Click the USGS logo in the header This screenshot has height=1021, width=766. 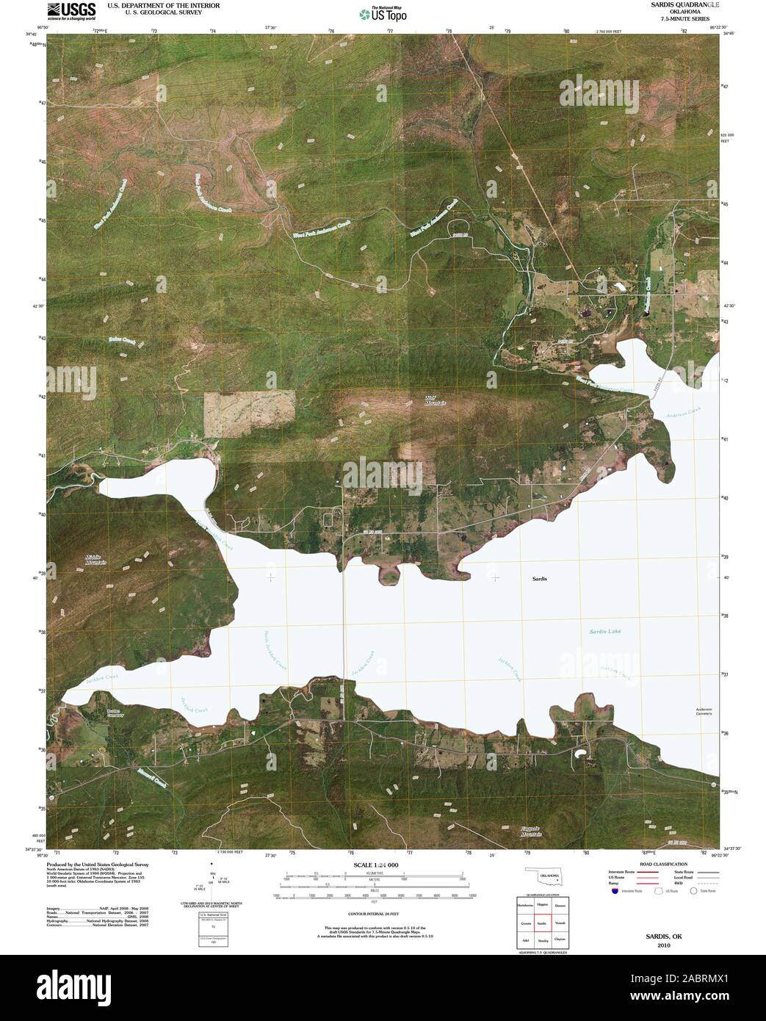coord(71,11)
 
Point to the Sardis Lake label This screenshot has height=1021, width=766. coord(605,631)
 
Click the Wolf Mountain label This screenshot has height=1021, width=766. coord(436,400)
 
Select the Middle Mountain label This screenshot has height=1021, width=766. coord(96,560)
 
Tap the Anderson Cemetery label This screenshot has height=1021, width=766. coord(704,711)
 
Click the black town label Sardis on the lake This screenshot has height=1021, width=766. coord(540,579)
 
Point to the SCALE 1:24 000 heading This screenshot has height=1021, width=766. coord(375,865)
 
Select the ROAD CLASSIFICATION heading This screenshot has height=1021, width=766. coord(662,864)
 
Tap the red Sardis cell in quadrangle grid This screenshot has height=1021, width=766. coord(542,923)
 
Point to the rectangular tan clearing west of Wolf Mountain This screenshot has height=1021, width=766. coord(249,414)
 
